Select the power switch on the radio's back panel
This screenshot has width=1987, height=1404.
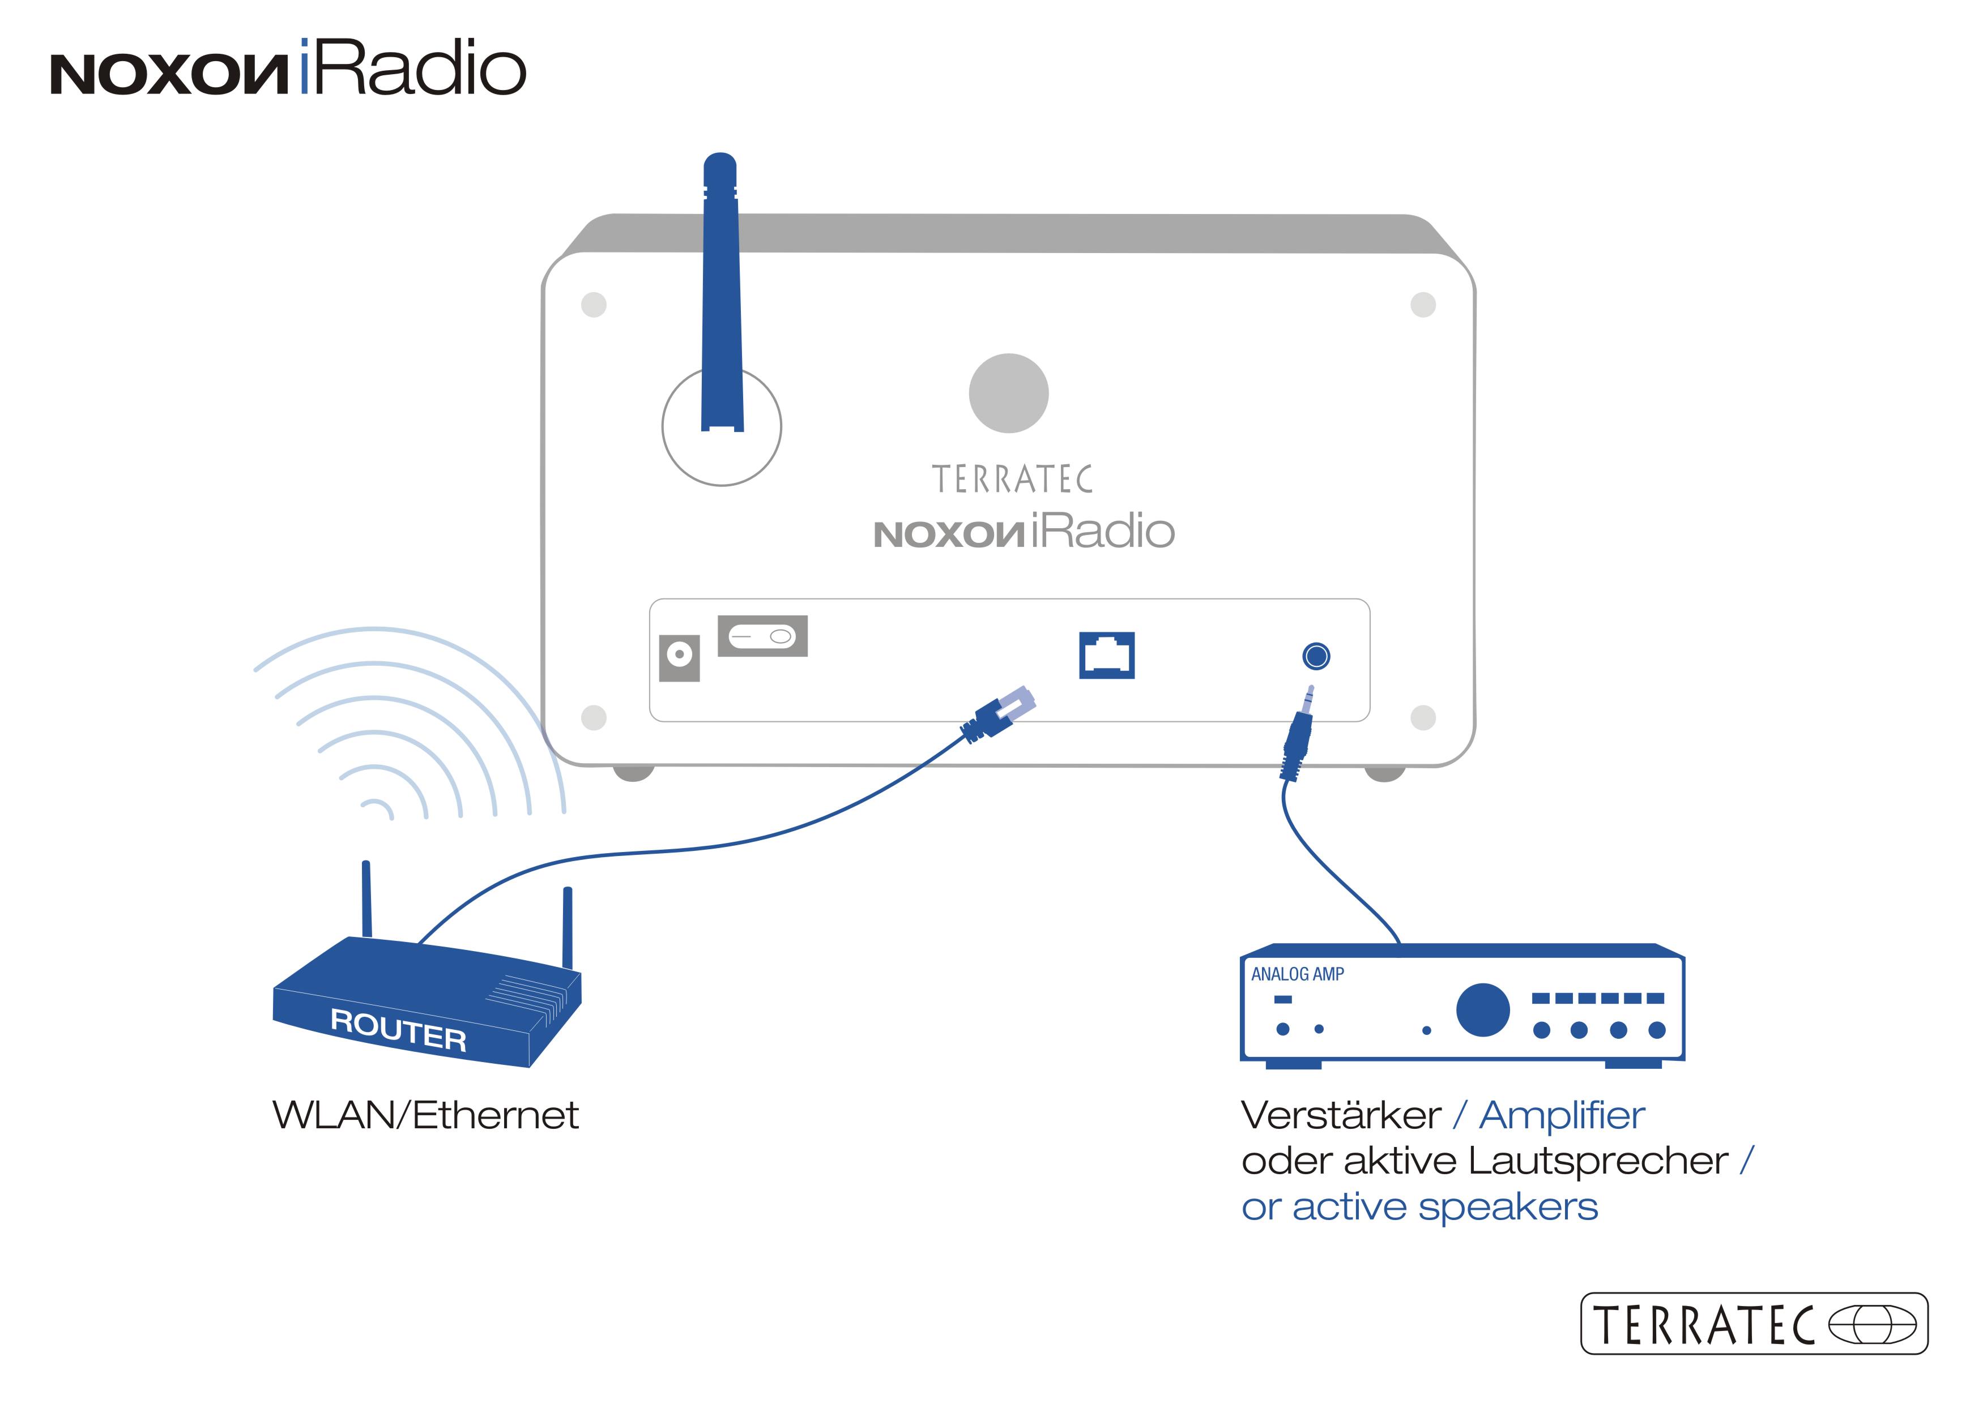[x=762, y=637]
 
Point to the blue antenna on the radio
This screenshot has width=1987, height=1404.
[x=722, y=294]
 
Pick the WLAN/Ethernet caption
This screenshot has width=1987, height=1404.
[x=425, y=1115]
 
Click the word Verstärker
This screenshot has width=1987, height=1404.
[x=1341, y=1115]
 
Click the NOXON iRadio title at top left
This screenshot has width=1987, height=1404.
[x=288, y=69]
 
